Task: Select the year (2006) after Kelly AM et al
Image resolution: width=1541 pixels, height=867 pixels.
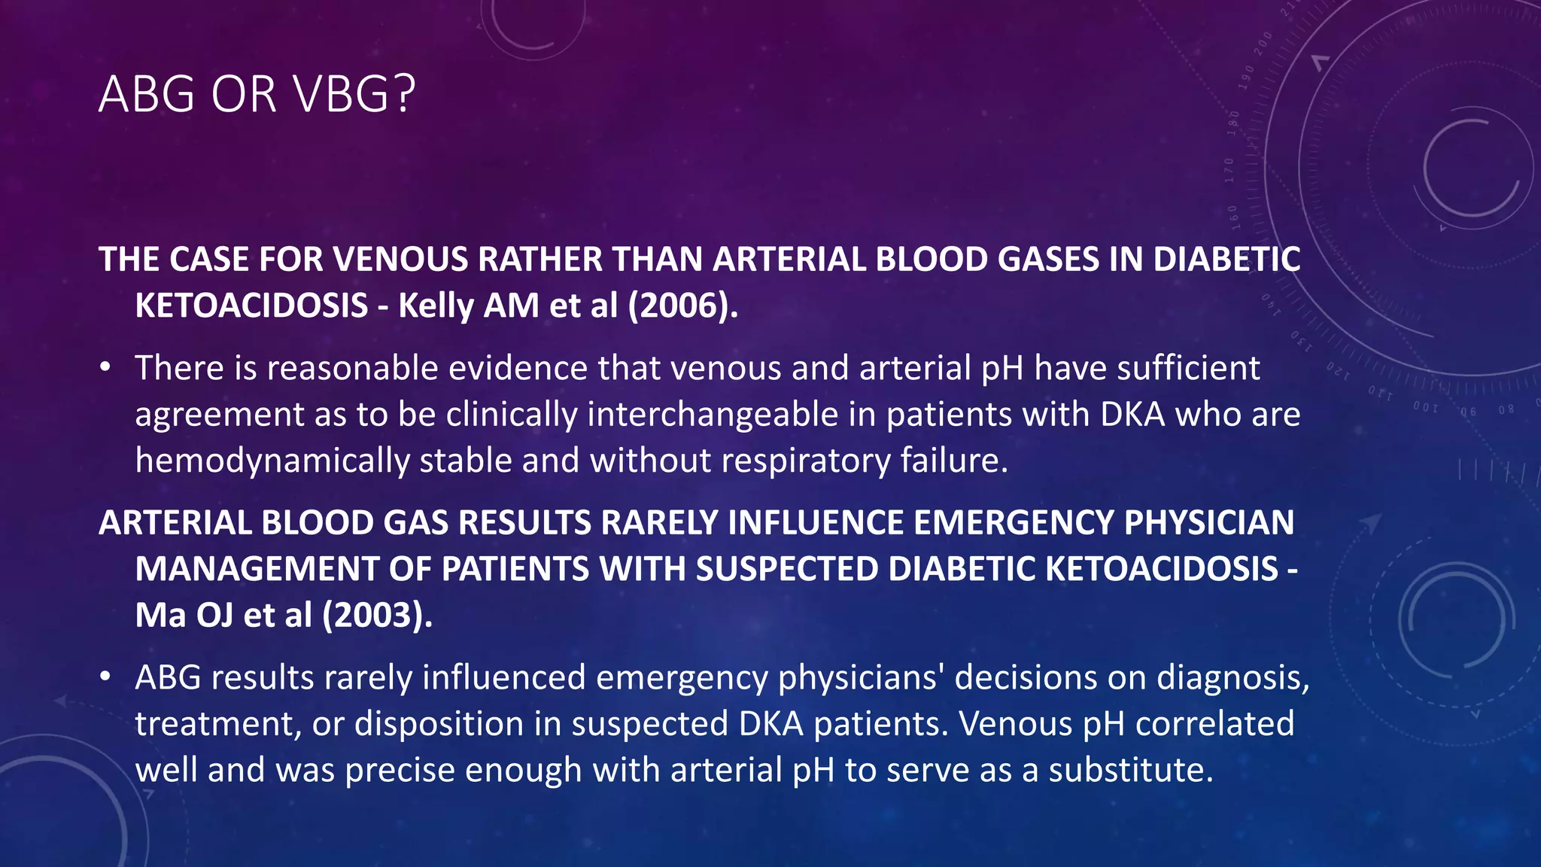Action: pos(683,306)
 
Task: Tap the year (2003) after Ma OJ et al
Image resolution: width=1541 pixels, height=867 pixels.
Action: pos(378,615)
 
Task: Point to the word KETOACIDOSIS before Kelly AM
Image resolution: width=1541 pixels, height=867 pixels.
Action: pos(251,306)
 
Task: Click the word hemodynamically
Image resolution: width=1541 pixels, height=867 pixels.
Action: pos(272,461)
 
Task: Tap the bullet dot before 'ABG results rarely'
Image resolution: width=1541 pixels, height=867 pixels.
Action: pos(106,678)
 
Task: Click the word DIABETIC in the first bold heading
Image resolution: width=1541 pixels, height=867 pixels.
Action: pos(1226,260)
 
